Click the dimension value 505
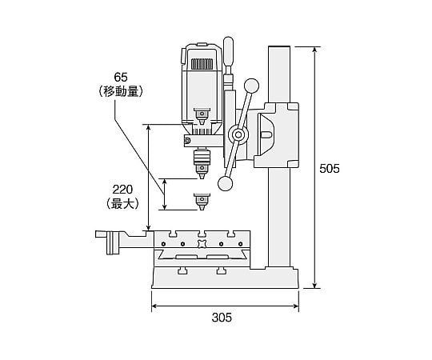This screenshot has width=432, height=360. pos(330,169)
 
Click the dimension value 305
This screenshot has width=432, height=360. pos(222,318)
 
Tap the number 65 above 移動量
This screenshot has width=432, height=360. pos(121,78)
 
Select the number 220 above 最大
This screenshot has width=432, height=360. pos(122,190)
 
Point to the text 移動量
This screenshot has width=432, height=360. pos(121,91)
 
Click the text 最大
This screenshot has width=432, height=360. pos(122,203)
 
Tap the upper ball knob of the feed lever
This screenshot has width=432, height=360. pos(251,86)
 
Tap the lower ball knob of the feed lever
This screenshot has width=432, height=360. pos(226,184)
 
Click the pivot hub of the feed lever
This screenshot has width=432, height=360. pos(238,134)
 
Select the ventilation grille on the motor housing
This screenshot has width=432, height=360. pos(202,64)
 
